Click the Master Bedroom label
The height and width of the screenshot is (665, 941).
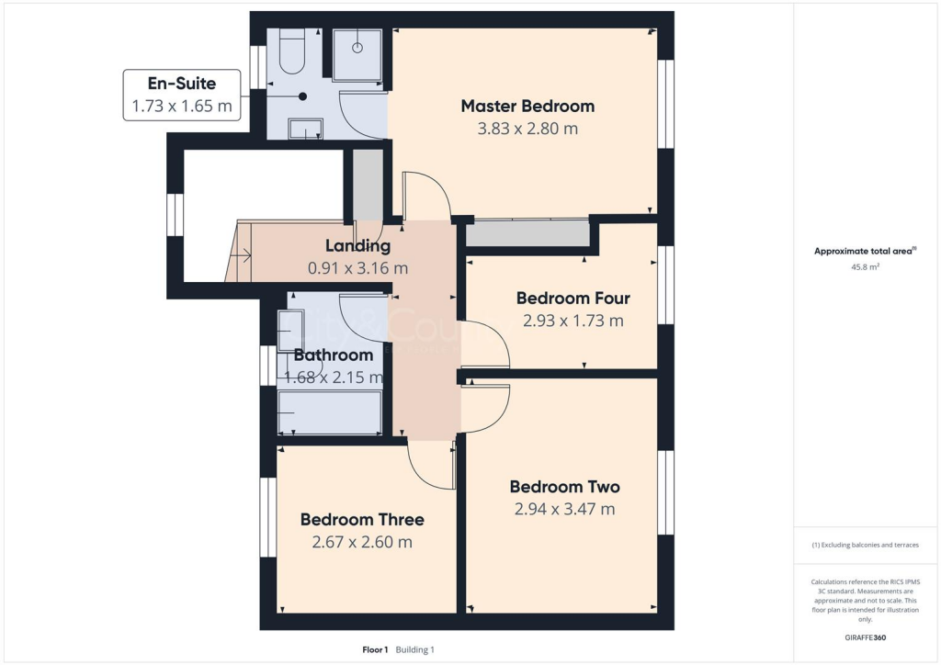[x=527, y=106]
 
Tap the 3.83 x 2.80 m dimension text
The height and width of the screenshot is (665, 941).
[x=527, y=129]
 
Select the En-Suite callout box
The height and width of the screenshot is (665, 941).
[x=182, y=95]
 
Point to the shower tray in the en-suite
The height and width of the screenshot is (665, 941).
[x=357, y=54]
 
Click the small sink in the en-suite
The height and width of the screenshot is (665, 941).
[x=304, y=130]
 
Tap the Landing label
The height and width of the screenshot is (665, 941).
[x=357, y=245]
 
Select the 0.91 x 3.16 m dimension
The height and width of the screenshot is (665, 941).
[x=357, y=268]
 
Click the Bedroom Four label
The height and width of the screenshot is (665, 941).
[x=573, y=298]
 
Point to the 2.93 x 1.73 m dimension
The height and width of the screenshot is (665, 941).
[x=573, y=321]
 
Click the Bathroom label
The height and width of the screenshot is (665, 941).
[x=334, y=355]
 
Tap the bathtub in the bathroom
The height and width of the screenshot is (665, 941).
[x=330, y=412]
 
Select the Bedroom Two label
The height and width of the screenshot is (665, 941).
[x=564, y=486]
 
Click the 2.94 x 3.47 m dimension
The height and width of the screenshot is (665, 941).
[x=564, y=509]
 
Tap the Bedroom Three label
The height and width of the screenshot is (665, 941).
[x=362, y=519]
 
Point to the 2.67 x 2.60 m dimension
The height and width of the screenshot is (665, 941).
[x=362, y=542]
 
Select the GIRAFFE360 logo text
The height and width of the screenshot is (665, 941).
[x=865, y=637]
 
